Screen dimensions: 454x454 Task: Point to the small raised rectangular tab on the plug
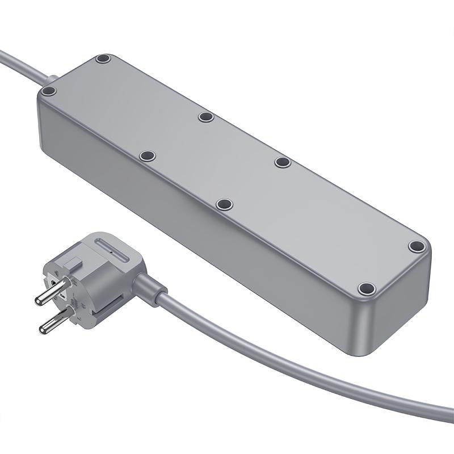pyautogui.click(x=73, y=262)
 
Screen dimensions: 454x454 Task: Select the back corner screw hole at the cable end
pyautogui.click(x=103, y=59)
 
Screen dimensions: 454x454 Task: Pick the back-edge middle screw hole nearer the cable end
pyautogui.click(x=205, y=117)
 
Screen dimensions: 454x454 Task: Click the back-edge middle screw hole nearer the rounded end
pyautogui.click(x=282, y=162)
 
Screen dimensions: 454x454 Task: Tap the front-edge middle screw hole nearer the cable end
pyautogui.click(x=148, y=155)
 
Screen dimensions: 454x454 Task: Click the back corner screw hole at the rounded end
pyautogui.click(x=417, y=246)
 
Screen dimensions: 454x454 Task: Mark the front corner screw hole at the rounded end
pyautogui.click(x=367, y=288)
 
